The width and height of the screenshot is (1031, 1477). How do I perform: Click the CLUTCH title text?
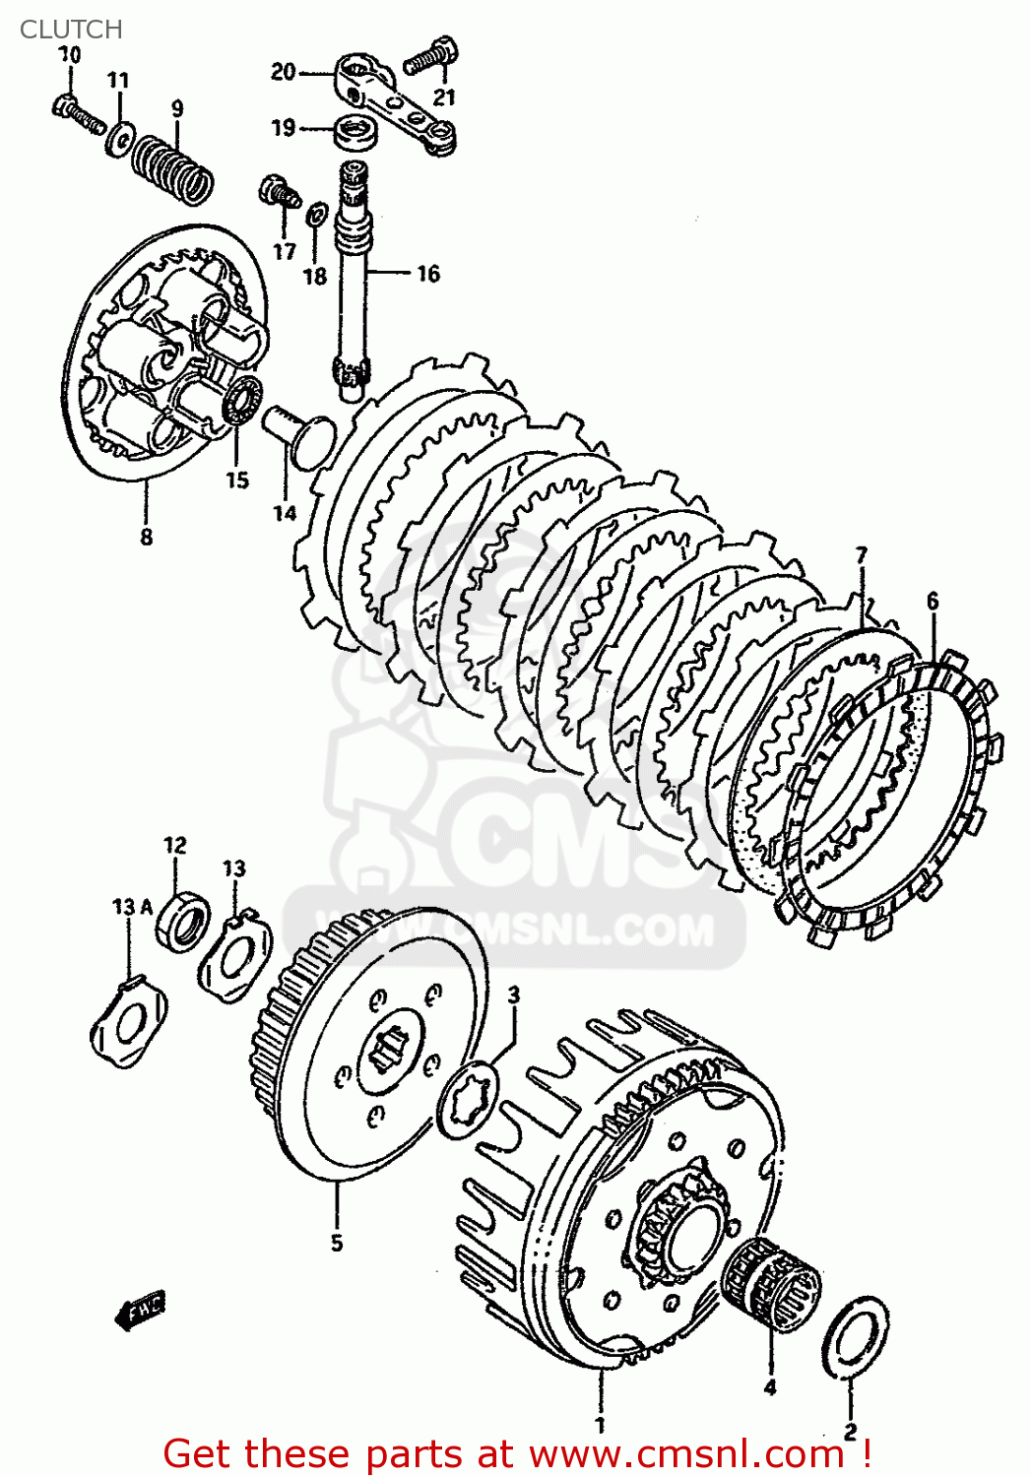pos(71,30)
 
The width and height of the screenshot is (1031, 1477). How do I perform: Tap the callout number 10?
pos(69,55)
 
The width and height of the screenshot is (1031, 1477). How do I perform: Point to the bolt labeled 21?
pos(432,57)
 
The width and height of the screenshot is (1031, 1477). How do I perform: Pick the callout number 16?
pos(427,274)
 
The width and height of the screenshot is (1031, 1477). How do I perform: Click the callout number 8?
pos(146,537)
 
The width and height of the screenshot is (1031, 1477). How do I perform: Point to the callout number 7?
pos(862,555)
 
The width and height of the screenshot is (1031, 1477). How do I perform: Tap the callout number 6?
pos(932,601)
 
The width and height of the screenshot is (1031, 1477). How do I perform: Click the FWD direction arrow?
pos(141,1310)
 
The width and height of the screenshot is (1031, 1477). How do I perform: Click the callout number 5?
pos(336,1243)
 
